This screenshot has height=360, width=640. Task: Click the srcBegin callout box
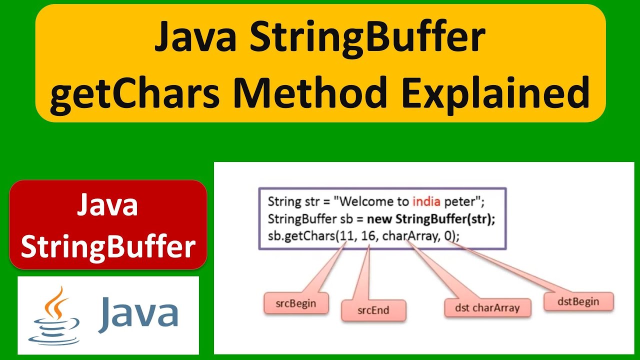(296, 303)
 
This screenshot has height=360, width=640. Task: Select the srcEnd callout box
(373, 310)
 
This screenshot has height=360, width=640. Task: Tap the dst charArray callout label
(487, 307)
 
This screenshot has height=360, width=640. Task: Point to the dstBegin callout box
(578, 301)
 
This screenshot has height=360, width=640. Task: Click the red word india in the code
(426, 202)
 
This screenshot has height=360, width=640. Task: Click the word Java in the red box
(107, 205)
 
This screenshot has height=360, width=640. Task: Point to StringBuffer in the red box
(107, 247)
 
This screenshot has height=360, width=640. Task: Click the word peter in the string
(461, 202)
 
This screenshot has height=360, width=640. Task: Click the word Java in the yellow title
(195, 38)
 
